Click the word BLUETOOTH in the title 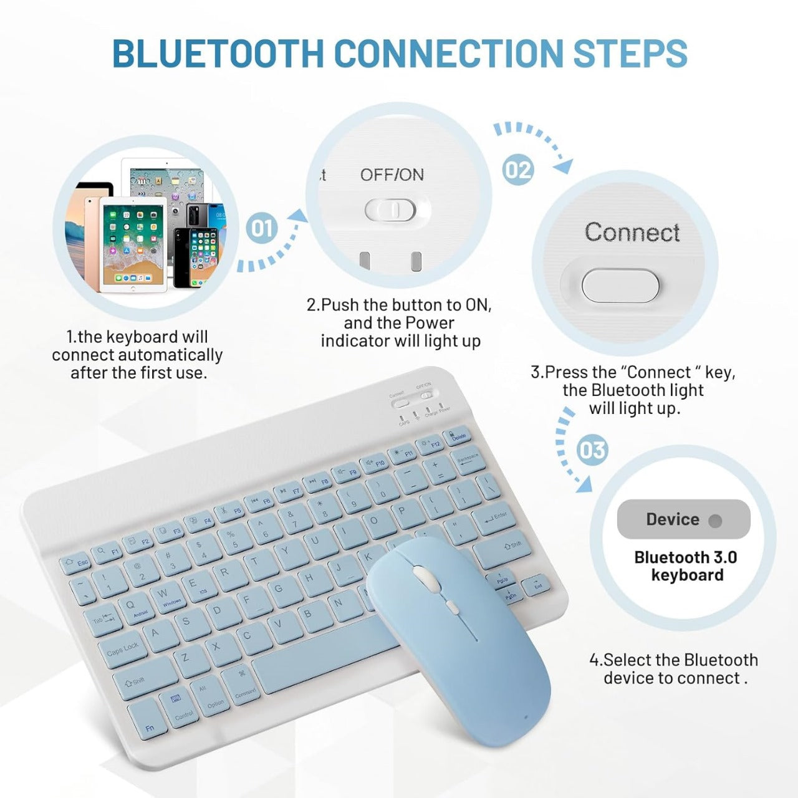pos(218,54)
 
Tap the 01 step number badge pos(261,228)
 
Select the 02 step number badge pos(518,170)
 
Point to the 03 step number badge pos(592,450)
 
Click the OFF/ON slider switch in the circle pos(391,210)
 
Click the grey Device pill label pos(683,519)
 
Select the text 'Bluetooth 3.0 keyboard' pos(686,566)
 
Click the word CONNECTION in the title pos(449,54)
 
